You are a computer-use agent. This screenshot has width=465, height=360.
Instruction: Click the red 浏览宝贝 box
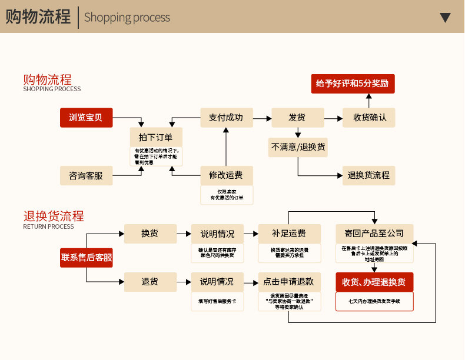pos(86,118)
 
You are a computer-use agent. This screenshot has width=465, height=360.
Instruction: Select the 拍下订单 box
pos(156,137)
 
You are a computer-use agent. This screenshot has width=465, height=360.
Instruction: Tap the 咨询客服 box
pos(86,175)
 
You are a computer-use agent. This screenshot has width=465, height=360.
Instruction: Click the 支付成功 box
pos(226,118)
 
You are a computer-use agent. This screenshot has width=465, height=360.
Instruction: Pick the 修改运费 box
pos(226,175)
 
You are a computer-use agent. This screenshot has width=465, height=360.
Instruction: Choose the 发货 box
pos(297,118)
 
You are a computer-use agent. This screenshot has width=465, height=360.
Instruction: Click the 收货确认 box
pos(370,118)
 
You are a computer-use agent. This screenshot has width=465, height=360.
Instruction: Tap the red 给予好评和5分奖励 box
pos(353,84)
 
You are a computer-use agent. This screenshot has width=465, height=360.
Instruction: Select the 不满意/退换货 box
pos(298,147)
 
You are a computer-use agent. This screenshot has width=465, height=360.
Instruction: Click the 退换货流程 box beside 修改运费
pos(369,175)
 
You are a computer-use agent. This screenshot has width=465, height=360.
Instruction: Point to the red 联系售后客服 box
pos(86,257)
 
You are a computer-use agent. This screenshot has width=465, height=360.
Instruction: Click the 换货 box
pos(150,234)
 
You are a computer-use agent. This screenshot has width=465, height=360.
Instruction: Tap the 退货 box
pos(150,282)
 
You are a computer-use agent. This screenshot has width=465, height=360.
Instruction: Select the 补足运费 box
pos(289,234)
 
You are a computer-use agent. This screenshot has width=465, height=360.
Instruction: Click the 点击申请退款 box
pos(289,282)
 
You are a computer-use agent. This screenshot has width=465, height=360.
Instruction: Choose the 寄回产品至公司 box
pos(374,234)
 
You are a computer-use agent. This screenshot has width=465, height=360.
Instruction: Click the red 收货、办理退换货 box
pos(374,282)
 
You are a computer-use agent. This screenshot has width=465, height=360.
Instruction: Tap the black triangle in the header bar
pos(446,18)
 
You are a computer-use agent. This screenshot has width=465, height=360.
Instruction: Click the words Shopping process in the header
pos(127,18)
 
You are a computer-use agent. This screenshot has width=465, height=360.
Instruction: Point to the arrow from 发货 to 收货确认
pos(334,118)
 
